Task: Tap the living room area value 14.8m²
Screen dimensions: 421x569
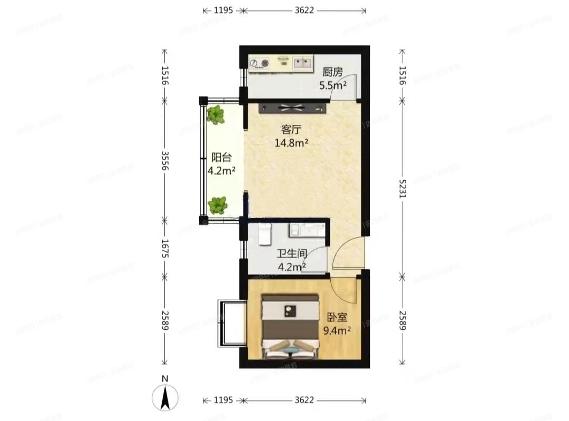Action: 291,142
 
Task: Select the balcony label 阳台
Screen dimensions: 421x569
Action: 222,157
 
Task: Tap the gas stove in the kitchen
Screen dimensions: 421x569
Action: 259,64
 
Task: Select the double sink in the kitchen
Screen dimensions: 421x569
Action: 302,63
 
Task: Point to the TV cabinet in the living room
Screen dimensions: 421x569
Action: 293,109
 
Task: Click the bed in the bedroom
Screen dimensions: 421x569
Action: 291,327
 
